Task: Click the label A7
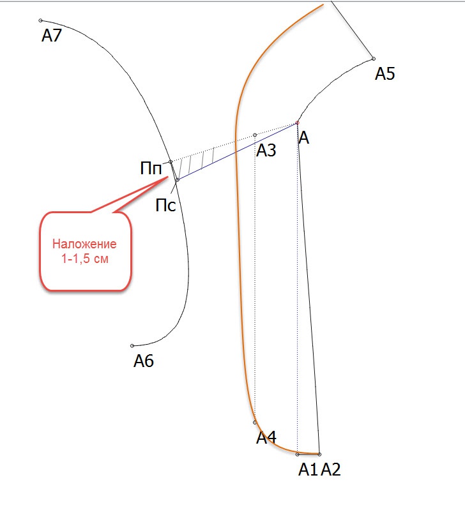pyautogui.click(x=52, y=35)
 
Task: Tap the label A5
pyautogui.click(x=385, y=73)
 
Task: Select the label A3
pyautogui.click(x=266, y=150)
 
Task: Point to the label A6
pyautogui.click(x=144, y=361)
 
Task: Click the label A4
pyautogui.click(x=266, y=437)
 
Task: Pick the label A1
pyautogui.click(x=308, y=469)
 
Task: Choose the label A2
pyautogui.click(x=331, y=469)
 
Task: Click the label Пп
pyautogui.click(x=151, y=169)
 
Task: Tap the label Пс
pyautogui.click(x=165, y=206)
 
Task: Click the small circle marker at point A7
pyautogui.click(x=41, y=20)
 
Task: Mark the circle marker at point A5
pyautogui.click(x=374, y=59)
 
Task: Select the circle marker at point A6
pyautogui.click(x=132, y=346)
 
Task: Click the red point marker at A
pyautogui.click(x=297, y=123)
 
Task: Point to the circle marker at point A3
pyautogui.click(x=255, y=135)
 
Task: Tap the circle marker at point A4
pyautogui.click(x=255, y=423)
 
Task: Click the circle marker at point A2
pyautogui.click(x=319, y=454)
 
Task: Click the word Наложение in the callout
pyautogui.click(x=84, y=244)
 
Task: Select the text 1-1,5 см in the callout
pyautogui.click(x=84, y=259)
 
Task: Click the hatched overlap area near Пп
pyautogui.click(x=199, y=159)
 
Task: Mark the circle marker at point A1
pyautogui.click(x=297, y=454)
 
